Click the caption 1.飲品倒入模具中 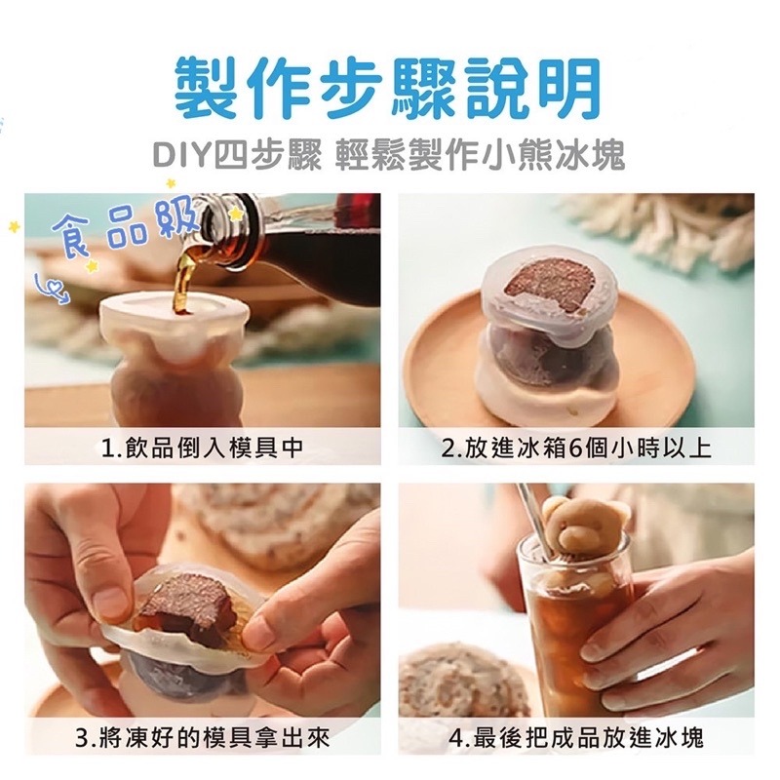[203, 448]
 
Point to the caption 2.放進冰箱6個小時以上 [576, 448]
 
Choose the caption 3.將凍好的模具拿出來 [203, 736]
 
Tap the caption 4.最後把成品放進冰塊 [576, 736]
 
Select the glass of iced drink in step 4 [575, 624]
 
